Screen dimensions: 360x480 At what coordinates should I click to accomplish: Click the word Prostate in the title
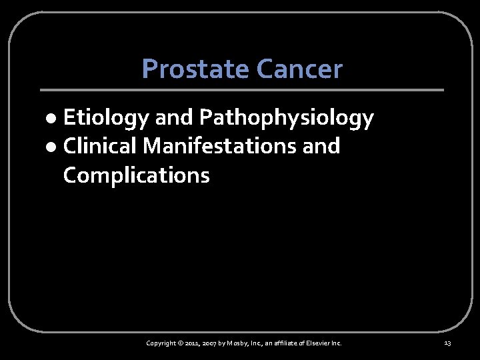pos(187,69)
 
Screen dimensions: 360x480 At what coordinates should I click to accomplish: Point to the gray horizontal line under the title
pos(241,90)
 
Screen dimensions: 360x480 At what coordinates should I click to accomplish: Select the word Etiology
pos(106,118)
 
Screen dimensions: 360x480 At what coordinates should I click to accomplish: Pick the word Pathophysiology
pos(287,118)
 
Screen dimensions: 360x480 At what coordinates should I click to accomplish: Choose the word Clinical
pos(101,146)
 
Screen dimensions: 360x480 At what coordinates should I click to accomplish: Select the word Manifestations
pos(221,146)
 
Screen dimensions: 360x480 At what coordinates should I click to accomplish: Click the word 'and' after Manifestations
pos(321,146)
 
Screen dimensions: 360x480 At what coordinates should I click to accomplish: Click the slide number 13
pos(447,343)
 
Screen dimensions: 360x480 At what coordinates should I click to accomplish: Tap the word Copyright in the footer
pos(161,343)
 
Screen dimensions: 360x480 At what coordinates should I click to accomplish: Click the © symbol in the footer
pos(181,343)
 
